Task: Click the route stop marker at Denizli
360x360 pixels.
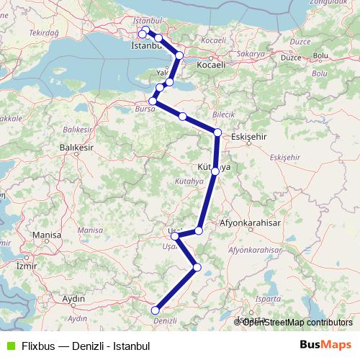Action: [155, 310]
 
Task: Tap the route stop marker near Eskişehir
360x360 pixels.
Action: [217, 132]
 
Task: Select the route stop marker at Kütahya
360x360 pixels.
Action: [215, 171]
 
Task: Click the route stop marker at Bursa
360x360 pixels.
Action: [153, 102]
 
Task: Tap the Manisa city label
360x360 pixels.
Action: [48, 235]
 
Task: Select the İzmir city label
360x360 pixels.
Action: [26, 265]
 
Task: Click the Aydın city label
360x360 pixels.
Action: [74, 298]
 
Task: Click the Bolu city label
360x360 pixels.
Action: [320, 55]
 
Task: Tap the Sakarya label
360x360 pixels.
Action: [246, 54]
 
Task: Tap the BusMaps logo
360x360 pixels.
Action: [326, 345]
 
